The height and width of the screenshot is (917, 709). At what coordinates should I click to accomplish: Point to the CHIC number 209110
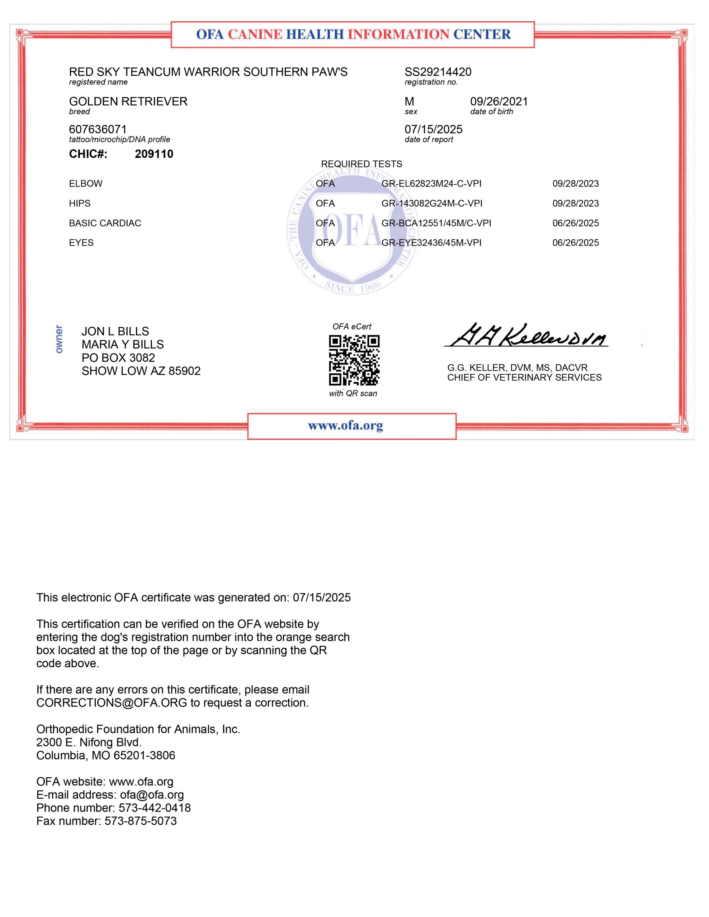pyautogui.click(x=154, y=154)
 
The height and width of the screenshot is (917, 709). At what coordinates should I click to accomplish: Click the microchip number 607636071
pyautogui.click(x=98, y=129)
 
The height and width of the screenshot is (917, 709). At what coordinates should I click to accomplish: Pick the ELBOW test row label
pyautogui.click(x=86, y=183)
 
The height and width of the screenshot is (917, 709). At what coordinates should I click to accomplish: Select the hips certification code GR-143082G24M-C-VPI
pyautogui.click(x=432, y=203)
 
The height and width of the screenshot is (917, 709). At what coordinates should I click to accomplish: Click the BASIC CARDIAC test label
pyautogui.click(x=105, y=223)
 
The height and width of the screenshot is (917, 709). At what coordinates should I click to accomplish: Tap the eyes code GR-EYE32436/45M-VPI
pyautogui.click(x=431, y=243)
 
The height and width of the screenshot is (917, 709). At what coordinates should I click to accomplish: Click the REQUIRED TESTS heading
pyautogui.click(x=361, y=164)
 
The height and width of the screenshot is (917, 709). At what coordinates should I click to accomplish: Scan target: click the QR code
pyautogui.click(x=354, y=360)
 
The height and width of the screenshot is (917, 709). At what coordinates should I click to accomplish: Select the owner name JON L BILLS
pyautogui.click(x=115, y=331)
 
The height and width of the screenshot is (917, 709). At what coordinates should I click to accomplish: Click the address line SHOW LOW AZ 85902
pyautogui.click(x=141, y=371)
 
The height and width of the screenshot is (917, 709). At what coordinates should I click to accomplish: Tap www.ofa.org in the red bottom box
pyautogui.click(x=345, y=426)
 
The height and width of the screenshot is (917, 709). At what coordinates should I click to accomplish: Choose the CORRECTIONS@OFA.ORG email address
pyautogui.click(x=112, y=703)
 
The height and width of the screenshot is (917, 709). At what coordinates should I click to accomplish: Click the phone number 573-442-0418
pyautogui.click(x=154, y=808)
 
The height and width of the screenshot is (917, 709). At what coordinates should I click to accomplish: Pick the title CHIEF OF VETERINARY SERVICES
pyautogui.click(x=524, y=378)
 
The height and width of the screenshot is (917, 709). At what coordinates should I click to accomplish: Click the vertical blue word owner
pyautogui.click(x=59, y=339)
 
